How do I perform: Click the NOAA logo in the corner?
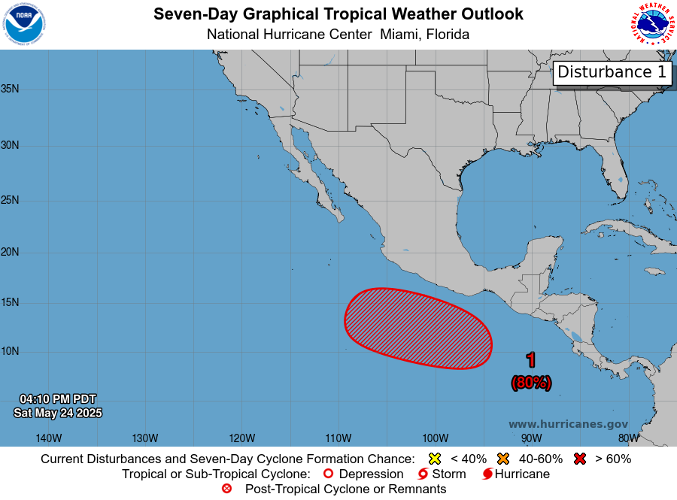24,24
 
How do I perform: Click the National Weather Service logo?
651,24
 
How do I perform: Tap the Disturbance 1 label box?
612,72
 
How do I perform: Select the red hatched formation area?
417,329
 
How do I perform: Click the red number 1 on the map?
531,361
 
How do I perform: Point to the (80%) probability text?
531,383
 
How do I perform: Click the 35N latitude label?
11,89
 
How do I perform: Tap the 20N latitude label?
11,252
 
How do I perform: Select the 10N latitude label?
11,351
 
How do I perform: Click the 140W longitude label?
49,438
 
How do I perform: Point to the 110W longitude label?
338,438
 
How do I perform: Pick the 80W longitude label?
628,438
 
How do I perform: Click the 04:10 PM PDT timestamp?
58,398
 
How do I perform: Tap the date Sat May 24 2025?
58,413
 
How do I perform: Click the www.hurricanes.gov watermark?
568,424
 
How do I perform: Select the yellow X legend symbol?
434,459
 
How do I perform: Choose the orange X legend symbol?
503,459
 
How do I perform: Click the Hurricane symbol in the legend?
487,474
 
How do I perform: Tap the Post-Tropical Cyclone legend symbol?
227,489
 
